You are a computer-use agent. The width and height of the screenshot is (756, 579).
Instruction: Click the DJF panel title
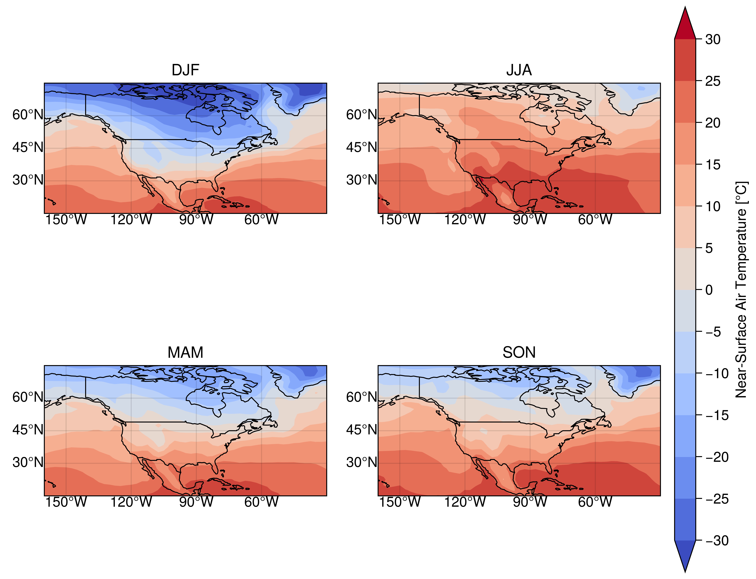click(x=185, y=70)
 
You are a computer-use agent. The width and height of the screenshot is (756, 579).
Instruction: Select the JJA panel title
click(x=519, y=70)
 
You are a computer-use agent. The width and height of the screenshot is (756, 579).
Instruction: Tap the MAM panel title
click(x=185, y=353)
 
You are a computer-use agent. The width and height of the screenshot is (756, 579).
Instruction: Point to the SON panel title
click(x=519, y=353)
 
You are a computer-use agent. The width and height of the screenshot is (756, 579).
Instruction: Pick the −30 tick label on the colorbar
click(x=717, y=540)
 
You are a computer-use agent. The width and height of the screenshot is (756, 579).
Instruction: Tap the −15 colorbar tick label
click(x=717, y=415)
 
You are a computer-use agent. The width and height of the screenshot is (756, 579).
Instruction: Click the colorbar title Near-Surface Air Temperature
click(x=741, y=289)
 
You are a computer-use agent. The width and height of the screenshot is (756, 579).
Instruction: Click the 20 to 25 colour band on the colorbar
click(x=685, y=102)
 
